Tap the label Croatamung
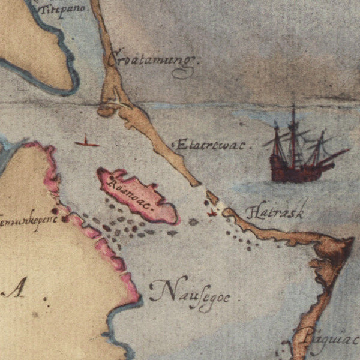(153, 60)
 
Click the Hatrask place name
(276, 211)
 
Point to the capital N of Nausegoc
(159, 290)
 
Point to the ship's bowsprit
(336, 155)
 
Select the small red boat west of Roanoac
(87, 143)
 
